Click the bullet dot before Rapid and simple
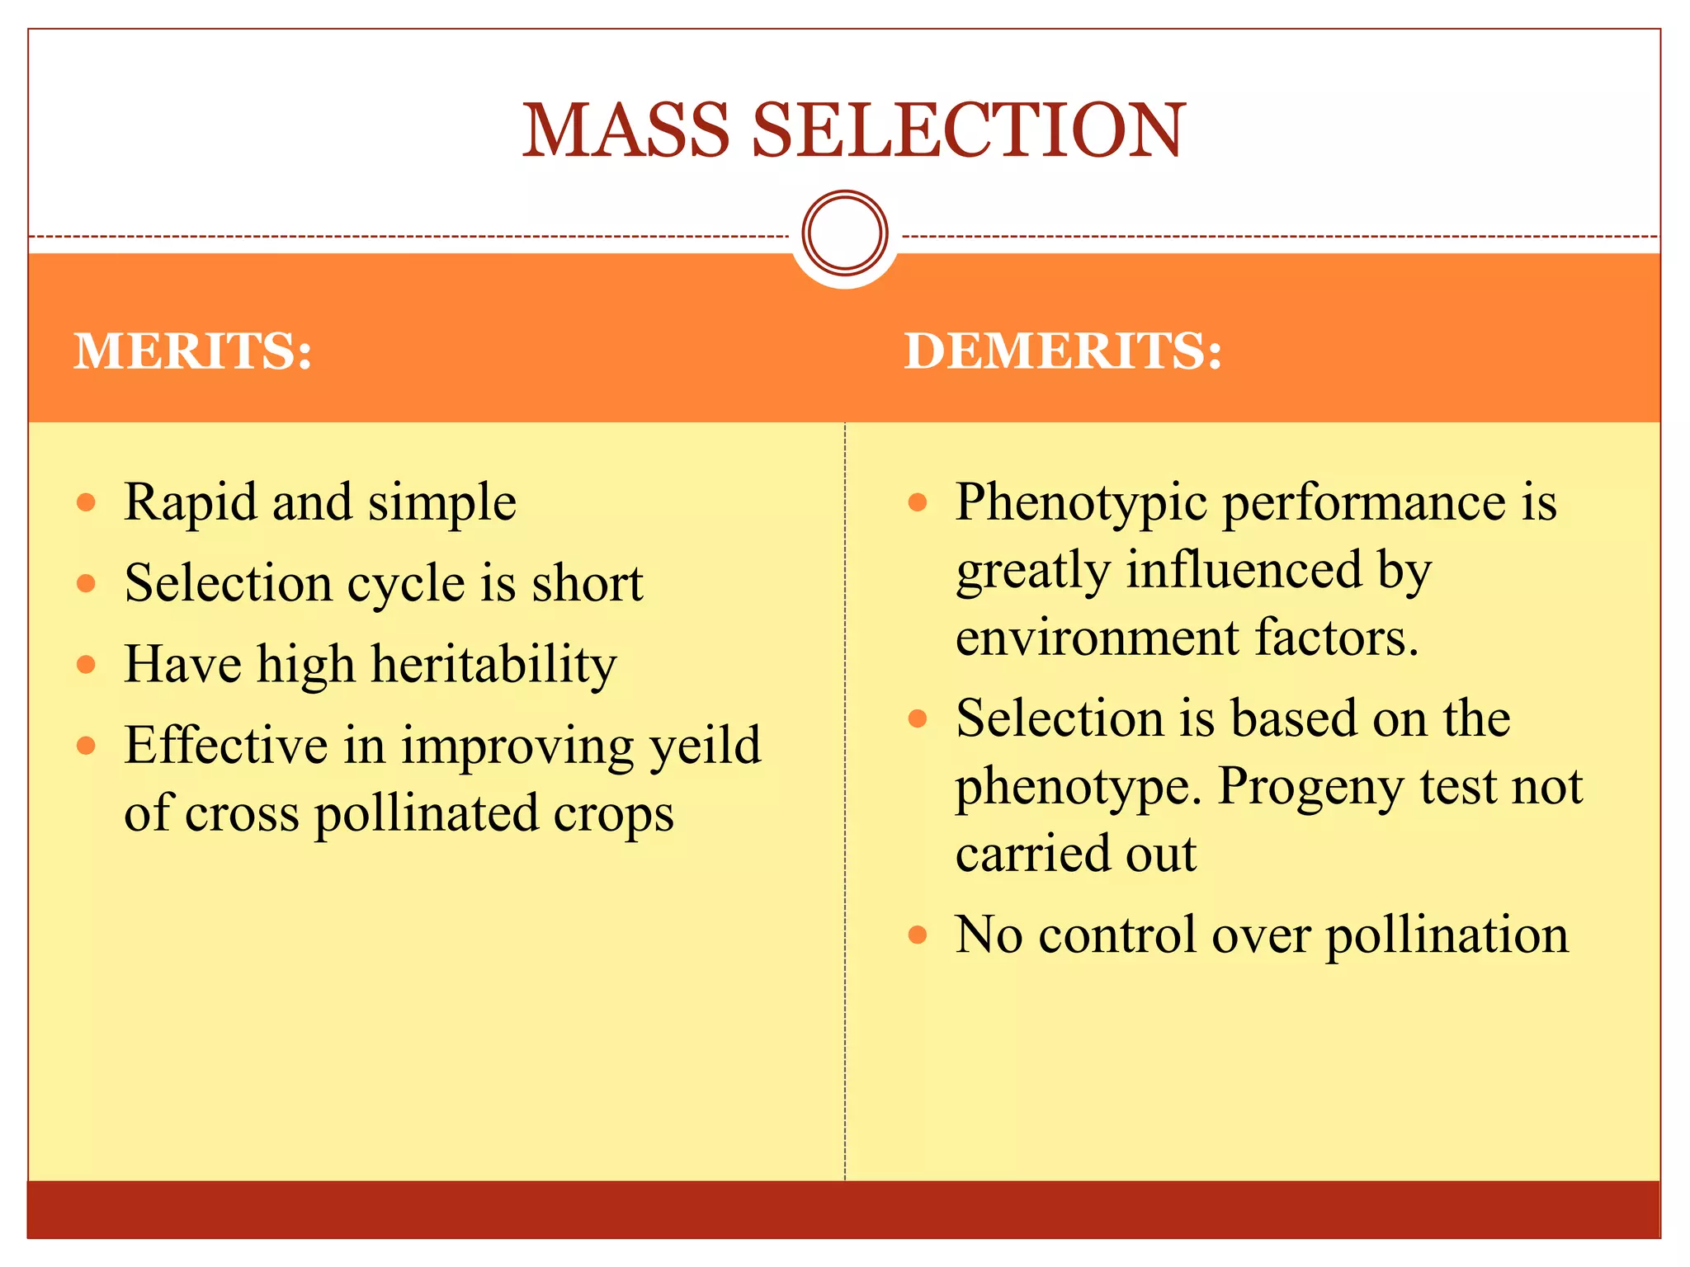coord(87,503)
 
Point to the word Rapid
coord(190,502)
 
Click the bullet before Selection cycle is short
coord(87,584)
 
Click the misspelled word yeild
coord(705,746)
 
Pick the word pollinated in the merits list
coord(427,813)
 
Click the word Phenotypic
coord(1081,503)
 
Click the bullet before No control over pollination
coord(918,935)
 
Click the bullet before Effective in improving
coord(87,746)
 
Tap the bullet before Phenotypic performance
coord(918,502)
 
